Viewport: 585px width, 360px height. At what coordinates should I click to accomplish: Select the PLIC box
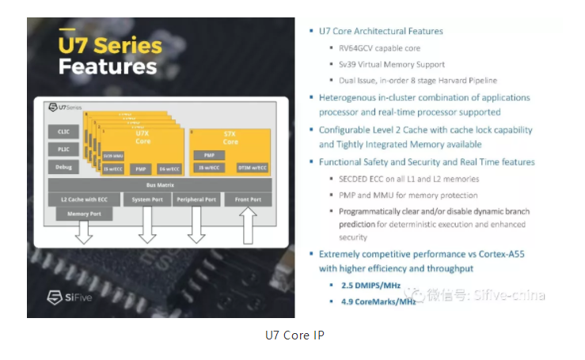pos(64,150)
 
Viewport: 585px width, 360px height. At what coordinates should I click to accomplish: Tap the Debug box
pos(64,168)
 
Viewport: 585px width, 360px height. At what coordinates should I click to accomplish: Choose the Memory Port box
pos(83,214)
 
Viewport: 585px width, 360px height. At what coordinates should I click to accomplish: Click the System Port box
pos(146,199)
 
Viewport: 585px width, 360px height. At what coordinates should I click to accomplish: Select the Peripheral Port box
pos(196,199)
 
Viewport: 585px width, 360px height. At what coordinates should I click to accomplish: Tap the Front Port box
pos(248,199)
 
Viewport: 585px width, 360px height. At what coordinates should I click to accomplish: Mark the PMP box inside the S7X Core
pos(209,155)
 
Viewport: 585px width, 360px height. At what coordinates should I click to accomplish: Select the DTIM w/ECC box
pos(253,168)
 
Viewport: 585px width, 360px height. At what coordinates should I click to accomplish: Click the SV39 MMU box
pos(113,156)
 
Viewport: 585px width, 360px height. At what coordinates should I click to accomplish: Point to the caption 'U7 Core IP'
pos(294,335)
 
